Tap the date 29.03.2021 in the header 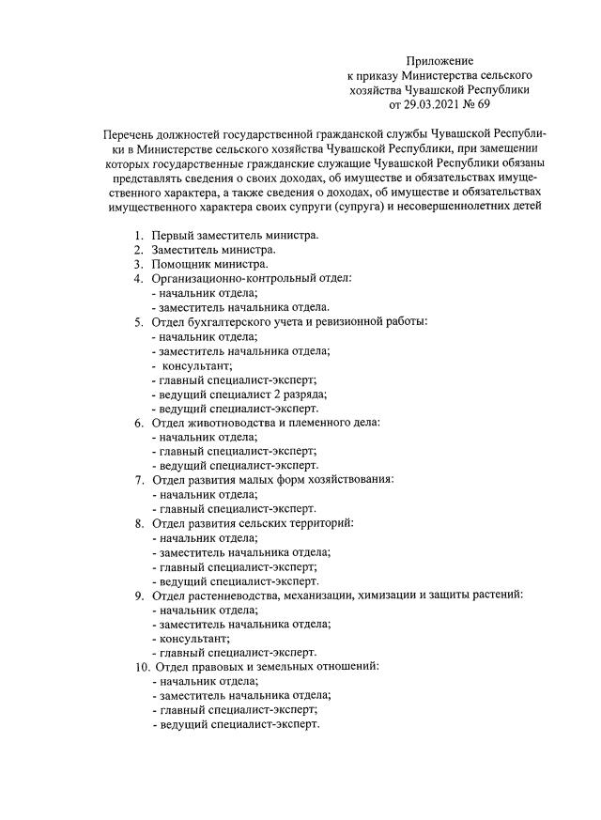click(435, 105)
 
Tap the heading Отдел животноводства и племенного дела click(266, 423)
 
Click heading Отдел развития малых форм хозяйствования click(273, 480)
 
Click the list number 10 click(135, 667)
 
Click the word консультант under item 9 click(194, 638)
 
